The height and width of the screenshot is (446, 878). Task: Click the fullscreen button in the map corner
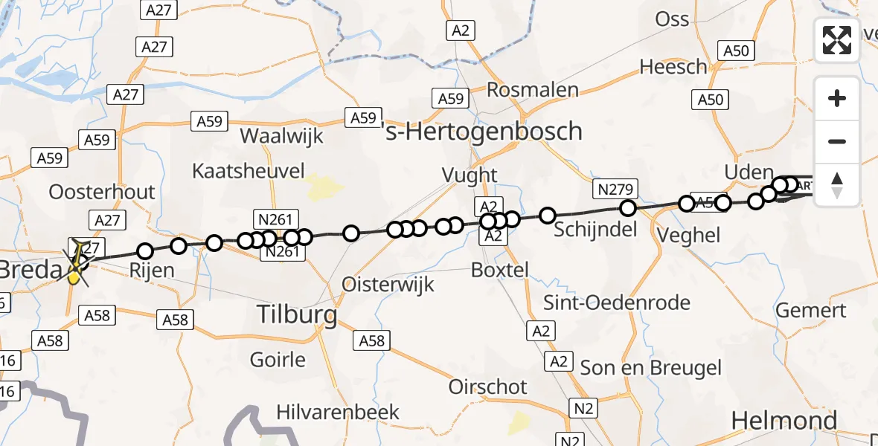click(837, 40)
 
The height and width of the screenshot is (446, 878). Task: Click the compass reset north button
click(837, 184)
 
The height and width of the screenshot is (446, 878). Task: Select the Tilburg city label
click(296, 314)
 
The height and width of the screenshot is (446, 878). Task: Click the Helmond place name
click(784, 421)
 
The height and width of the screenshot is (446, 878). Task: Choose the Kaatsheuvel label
click(249, 171)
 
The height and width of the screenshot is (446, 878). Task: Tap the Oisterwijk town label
click(388, 284)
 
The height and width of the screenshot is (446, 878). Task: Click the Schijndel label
click(595, 229)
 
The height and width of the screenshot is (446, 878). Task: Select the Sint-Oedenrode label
click(617, 303)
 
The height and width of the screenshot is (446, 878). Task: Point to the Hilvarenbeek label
click(338, 412)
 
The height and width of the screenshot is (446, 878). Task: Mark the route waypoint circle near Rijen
click(146, 251)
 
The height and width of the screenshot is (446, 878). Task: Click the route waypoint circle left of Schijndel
click(548, 216)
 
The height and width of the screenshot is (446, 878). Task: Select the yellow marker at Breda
click(74, 277)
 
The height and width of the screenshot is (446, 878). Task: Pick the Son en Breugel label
click(650, 367)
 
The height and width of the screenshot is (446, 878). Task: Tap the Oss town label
click(672, 19)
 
